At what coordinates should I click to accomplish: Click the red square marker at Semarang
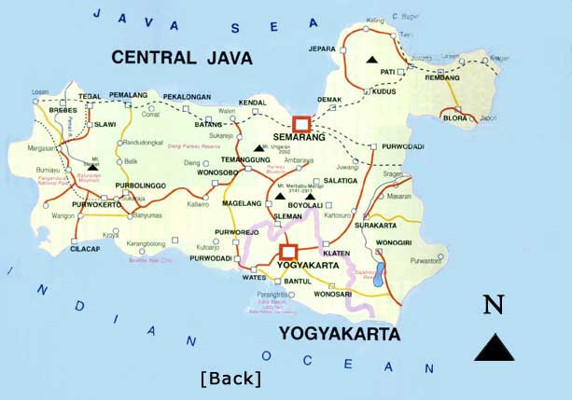click(x=300, y=123)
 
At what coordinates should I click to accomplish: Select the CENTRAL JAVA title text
click(x=182, y=58)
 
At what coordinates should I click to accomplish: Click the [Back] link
click(x=230, y=378)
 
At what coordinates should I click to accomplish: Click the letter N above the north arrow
click(x=494, y=304)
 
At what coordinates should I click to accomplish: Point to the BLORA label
click(x=457, y=118)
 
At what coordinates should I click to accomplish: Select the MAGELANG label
click(x=241, y=202)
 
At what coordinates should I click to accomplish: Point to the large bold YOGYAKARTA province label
click(x=339, y=333)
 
